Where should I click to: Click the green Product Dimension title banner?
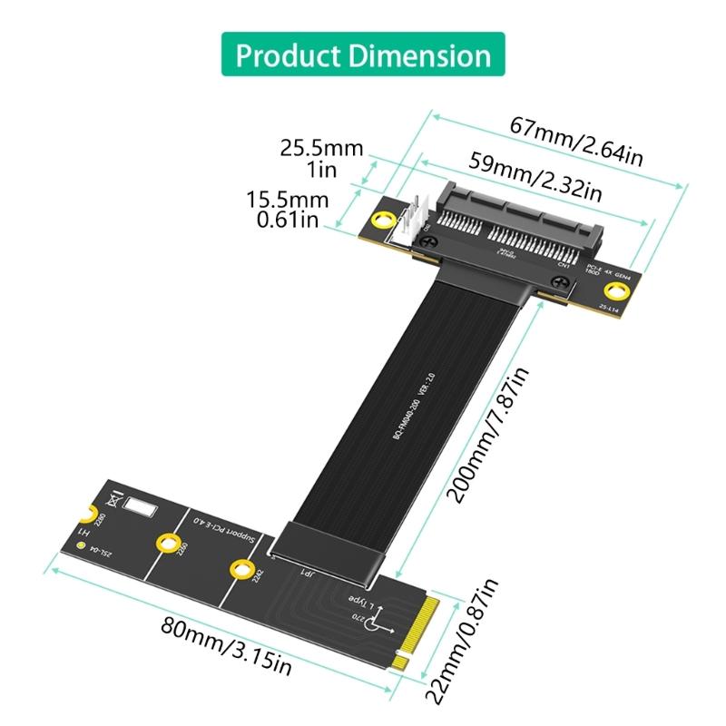363,55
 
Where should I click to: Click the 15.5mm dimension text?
287,198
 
